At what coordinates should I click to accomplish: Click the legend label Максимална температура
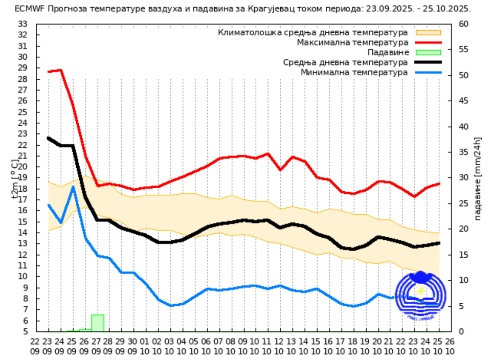[352, 42]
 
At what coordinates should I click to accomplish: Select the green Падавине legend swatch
[428, 52]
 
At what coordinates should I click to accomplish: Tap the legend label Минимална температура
[354, 72]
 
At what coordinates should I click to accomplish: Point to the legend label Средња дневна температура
[345, 62]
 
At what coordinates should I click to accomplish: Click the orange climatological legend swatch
[428, 32]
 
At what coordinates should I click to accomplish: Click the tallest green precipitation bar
[98, 323]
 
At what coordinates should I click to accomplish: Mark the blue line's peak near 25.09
[73, 187]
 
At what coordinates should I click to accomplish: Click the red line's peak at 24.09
[60, 70]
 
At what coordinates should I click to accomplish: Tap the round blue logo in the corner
[420, 296]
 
